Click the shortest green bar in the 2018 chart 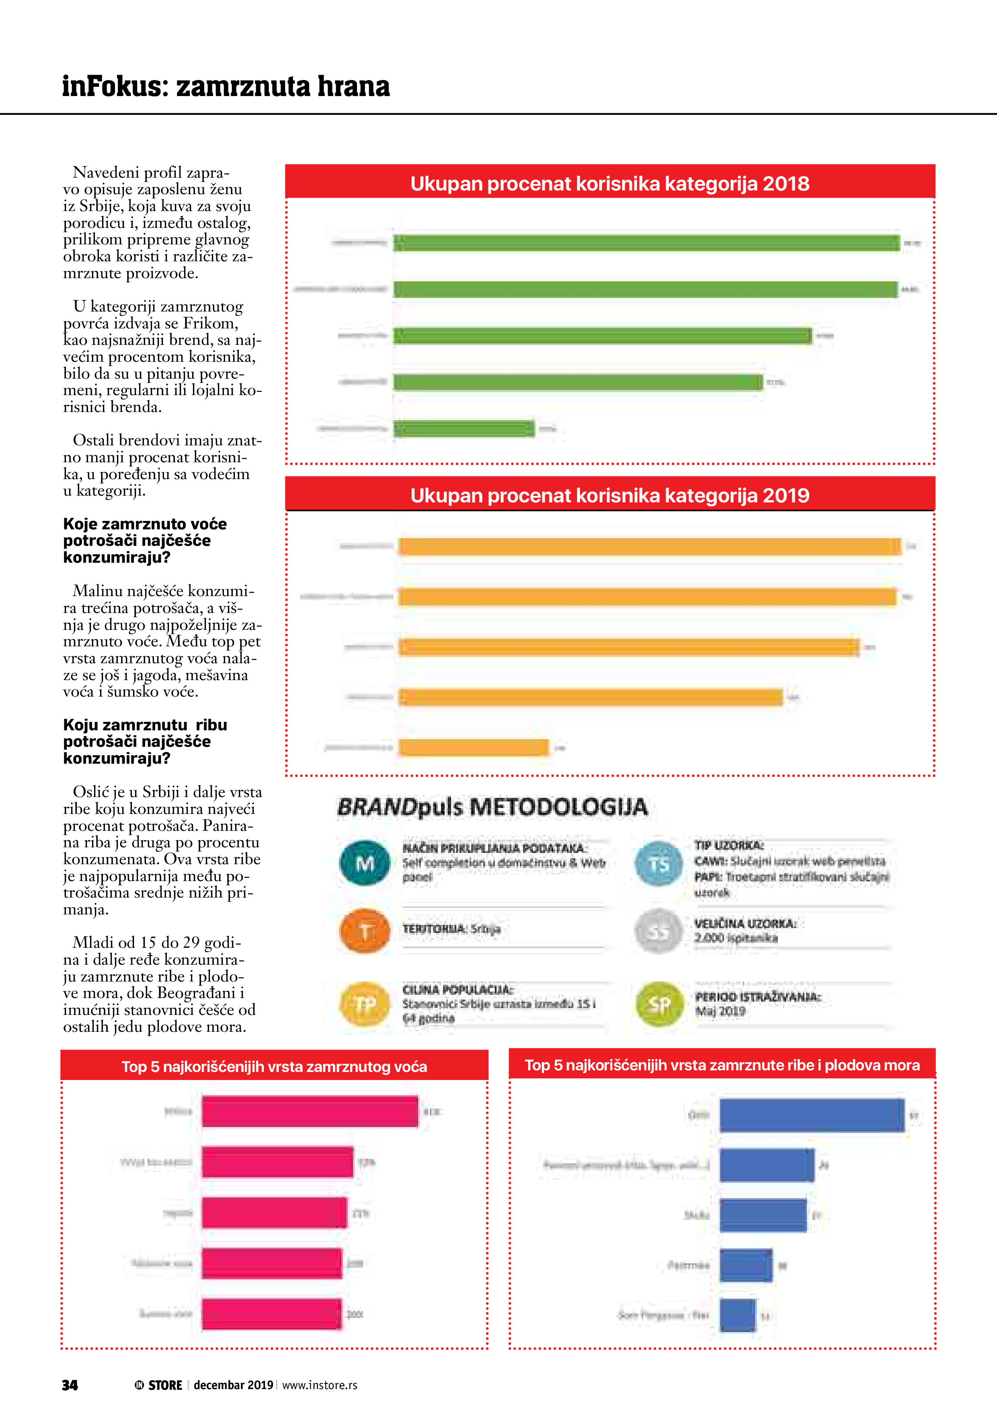click(464, 428)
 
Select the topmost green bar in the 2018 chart click(646, 243)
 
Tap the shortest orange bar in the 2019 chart click(473, 747)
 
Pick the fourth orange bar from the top click(590, 697)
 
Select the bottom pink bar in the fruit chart click(271, 1314)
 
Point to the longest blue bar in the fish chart click(812, 1115)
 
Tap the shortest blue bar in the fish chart click(737, 1316)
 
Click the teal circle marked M click(365, 863)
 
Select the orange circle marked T click(365, 931)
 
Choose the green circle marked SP click(659, 1004)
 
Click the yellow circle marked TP click(365, 1004)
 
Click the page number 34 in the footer click(70, 1385)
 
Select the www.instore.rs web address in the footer click(320, 1385)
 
